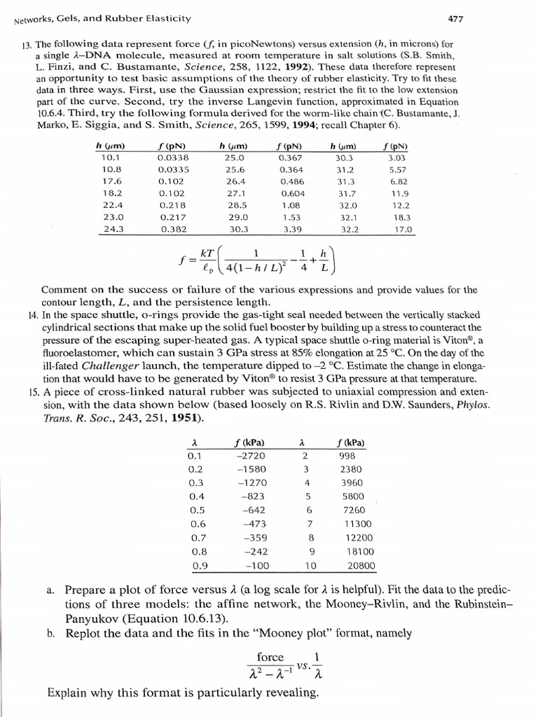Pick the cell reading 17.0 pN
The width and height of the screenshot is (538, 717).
[397, 228]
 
